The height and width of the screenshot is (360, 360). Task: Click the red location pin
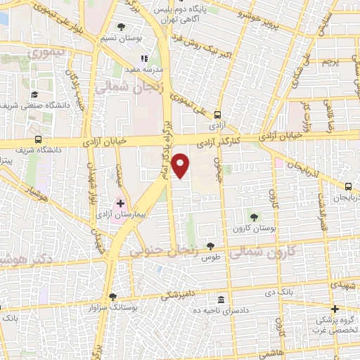click(x=181, y=165)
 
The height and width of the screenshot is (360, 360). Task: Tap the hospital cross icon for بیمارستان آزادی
click(x=120, y=203)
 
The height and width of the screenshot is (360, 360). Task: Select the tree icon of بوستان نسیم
click(x=121, y=27)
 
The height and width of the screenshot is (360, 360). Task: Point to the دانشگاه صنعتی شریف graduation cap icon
click(x=34, y=95)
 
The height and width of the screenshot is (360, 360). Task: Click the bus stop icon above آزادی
click(x=217, y=115)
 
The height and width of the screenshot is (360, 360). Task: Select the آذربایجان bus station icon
click(x=349, y=186)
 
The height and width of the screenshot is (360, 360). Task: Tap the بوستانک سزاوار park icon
click(x=112, y=296)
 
